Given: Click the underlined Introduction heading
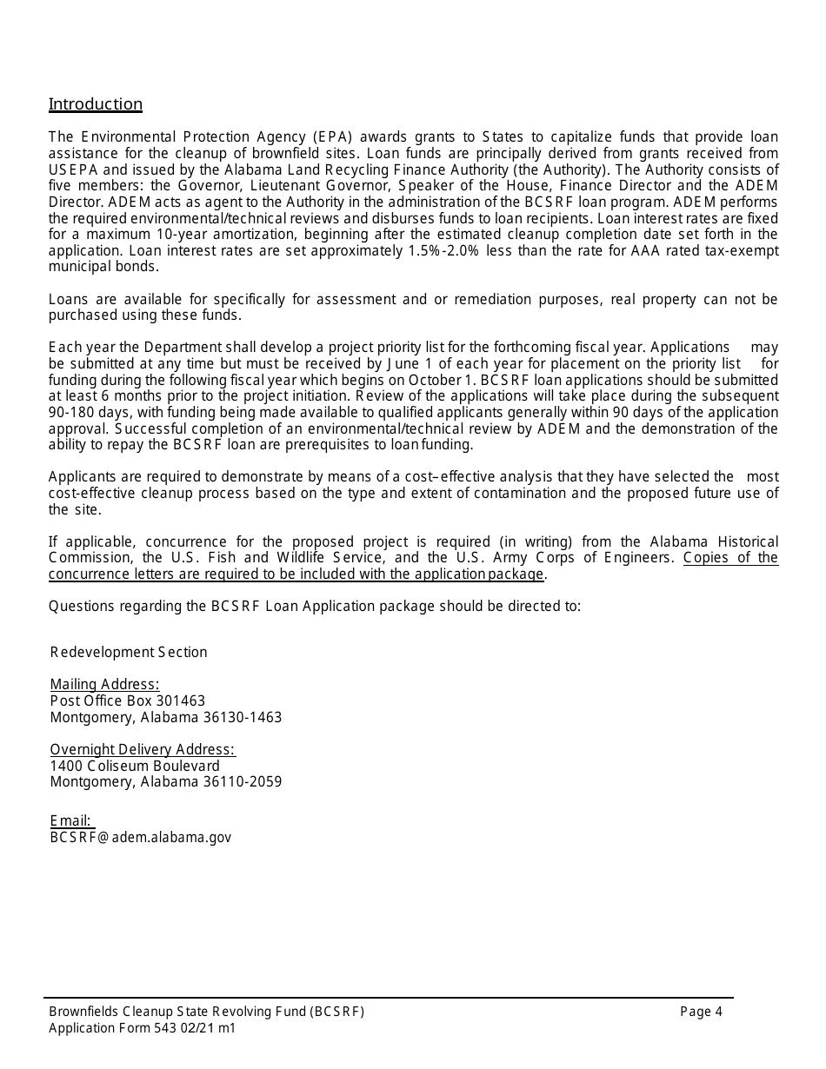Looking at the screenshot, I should point(96,104).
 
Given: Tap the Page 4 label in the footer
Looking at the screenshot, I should point(701,1011).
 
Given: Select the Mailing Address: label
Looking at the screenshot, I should point(104,684).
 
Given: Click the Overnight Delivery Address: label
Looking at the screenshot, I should point(143,749).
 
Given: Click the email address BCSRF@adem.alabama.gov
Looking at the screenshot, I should point(141,837).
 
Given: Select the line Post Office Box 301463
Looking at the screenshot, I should point(128,700).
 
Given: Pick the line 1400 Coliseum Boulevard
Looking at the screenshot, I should point(135,766).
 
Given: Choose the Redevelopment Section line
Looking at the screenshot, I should point(129,652).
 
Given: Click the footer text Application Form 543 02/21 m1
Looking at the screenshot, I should point(142,1028).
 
